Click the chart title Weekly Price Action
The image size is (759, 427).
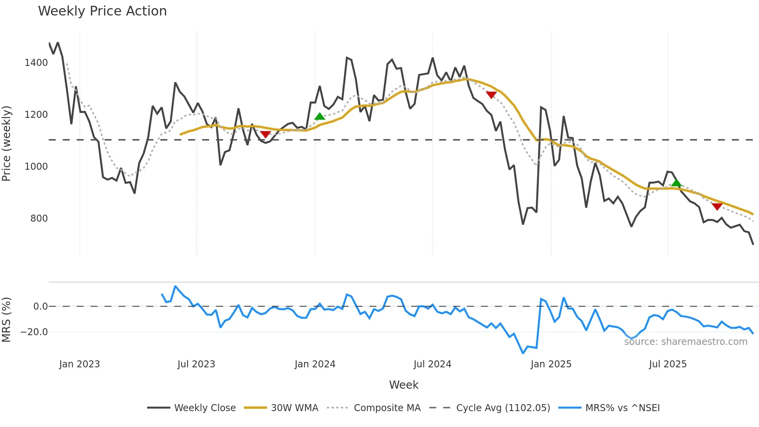click(x=102, y=11)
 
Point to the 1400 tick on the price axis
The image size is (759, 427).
click(x=36, y=63)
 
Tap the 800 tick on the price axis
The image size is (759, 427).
click(x=39, y=219)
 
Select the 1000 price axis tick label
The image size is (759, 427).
click(x=36, y=167)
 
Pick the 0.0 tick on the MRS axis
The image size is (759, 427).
click(x=40, y=306)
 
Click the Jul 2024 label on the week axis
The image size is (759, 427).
click(x=432, y=364)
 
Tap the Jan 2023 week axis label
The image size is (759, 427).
click(x=79, y=364)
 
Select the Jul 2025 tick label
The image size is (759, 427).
click(x=668, y=364)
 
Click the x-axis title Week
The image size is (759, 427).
click(x=404, y=385)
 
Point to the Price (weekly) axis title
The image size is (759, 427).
click(x=7, y=143)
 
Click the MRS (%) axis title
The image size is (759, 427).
click(x=7, y=320)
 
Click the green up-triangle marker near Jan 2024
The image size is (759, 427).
click(x=319, y=116)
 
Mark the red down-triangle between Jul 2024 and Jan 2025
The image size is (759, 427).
click(x=491, y=95)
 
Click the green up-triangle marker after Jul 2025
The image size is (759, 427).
click(x=676, y=183)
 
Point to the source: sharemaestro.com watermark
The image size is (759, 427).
click(x=685, y=342)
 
